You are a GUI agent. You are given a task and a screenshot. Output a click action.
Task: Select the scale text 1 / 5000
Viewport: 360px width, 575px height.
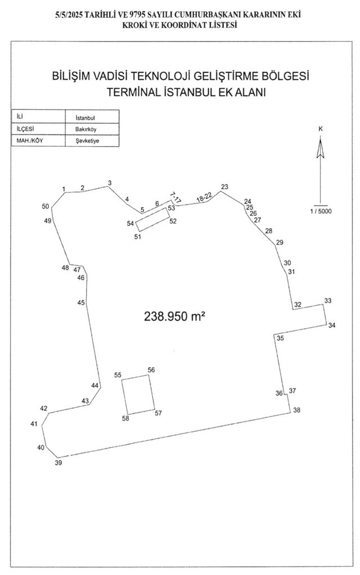tap(321, 211)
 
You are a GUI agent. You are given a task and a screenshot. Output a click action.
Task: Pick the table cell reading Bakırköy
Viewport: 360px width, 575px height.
tap(86, 130)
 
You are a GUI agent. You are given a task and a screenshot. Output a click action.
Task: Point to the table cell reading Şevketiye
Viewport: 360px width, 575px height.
tap(87, 141)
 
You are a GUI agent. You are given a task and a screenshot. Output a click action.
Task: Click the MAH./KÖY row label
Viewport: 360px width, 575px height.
tap(28, 141)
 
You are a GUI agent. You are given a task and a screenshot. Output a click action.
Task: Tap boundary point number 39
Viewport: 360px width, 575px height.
tap(58, 463)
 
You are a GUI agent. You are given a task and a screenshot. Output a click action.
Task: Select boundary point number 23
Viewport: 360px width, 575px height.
tap(225, 187)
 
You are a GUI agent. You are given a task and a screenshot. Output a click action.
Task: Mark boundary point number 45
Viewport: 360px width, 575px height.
tap(81, 303)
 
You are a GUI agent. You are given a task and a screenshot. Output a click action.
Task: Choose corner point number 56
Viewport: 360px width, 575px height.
tap(151, 369)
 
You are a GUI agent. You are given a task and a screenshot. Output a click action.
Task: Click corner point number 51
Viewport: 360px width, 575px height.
tap(137, 237)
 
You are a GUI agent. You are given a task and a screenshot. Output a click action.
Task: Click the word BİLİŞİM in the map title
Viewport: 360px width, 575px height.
tap(71, 75)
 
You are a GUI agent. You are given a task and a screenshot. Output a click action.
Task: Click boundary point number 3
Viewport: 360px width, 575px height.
tap(110, 183)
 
